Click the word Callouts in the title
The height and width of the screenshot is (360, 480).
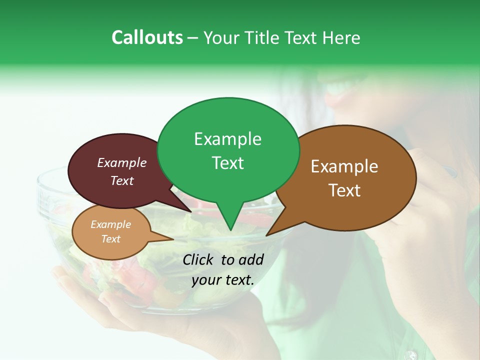pos(147,37)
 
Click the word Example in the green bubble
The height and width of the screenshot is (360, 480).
pos(227,139)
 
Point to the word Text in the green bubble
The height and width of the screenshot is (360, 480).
pos(227,163)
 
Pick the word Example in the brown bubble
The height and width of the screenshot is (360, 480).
pos(344,166)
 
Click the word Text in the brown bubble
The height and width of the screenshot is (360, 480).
pos(344,190)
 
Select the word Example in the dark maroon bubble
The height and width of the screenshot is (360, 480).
pos(122,162)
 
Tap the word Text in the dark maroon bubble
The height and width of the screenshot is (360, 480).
pos(122,180)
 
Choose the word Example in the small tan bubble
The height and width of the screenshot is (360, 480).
pos(110,224)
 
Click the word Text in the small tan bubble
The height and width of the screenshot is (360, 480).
pos(110,239)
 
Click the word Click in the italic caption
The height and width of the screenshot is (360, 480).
pos(198,259)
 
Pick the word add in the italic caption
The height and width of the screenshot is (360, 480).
pos(251,259)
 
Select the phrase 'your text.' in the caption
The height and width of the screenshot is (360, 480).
pos(223,280)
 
